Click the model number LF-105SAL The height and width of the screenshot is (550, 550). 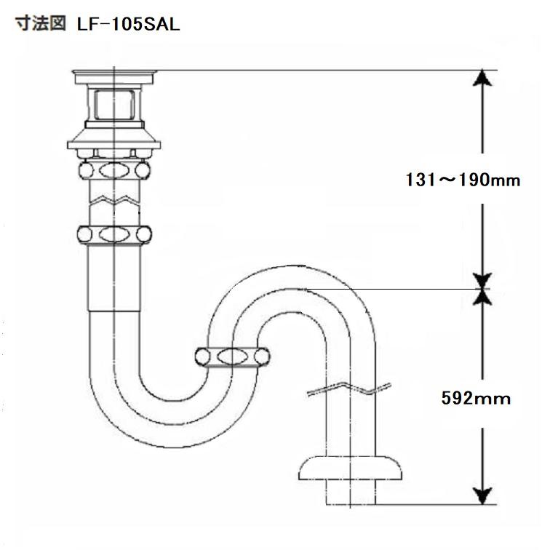[128, 25]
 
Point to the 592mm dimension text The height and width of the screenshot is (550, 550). [476, 398]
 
